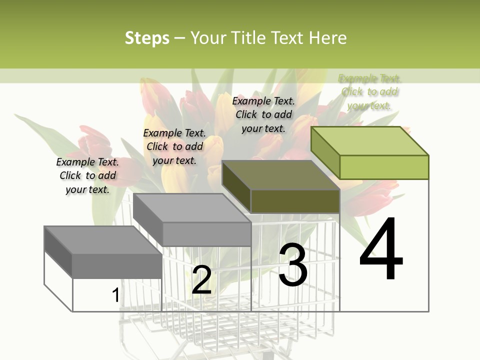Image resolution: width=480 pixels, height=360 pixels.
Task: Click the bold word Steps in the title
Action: [147, 38]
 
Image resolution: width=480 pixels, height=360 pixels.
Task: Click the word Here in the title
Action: [327, 38]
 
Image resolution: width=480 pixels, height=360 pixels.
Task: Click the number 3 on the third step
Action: [292, 265]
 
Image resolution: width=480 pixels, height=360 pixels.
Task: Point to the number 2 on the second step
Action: [201, 280]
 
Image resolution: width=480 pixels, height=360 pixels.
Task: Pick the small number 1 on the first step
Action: [115, 295]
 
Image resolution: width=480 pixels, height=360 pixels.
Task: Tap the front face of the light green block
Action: [384, 167]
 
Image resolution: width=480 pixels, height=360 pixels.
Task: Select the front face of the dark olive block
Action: [295, 201]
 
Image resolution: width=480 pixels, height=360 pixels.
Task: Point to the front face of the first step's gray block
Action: [117, 265]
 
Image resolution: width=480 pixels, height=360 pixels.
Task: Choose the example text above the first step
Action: [87, 175]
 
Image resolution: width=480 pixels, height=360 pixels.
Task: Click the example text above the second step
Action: [174, 146]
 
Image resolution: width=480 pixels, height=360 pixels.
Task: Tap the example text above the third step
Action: [263, 114]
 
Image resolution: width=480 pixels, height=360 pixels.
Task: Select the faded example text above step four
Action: [369, 91]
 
